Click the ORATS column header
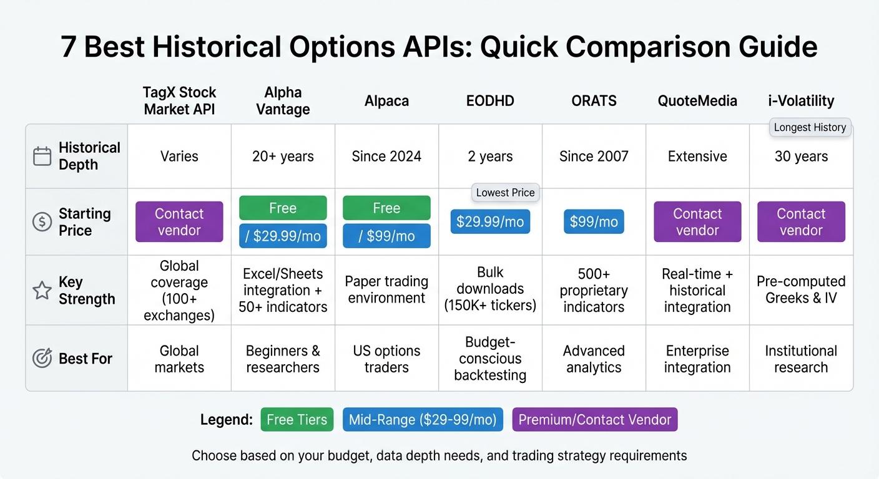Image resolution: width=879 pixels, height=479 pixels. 594,100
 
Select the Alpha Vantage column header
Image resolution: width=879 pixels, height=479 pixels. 283,100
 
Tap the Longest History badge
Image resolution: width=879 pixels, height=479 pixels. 810,127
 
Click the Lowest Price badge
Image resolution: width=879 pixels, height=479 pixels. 505,193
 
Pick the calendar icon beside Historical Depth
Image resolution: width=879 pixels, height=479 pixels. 42,156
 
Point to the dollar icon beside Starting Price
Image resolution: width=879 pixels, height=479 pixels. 42,222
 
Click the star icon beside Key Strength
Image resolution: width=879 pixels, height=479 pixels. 42,290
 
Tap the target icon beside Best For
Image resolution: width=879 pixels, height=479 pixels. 42,359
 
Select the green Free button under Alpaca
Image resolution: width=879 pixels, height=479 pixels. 386,208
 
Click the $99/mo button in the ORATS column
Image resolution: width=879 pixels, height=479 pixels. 594,221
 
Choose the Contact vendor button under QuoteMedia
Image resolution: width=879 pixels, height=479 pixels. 697,221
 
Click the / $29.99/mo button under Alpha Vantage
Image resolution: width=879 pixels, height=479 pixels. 283,236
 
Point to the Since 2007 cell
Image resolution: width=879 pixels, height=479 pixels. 594,156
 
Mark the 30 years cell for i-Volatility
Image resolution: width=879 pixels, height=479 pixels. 801,156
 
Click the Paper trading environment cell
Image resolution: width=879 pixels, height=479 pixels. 386,289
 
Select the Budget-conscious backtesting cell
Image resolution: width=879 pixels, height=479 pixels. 490,359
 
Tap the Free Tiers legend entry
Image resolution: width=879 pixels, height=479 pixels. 297,420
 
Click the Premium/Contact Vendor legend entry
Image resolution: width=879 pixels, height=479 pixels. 594,420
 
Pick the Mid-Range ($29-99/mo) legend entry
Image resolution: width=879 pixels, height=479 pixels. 423,420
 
